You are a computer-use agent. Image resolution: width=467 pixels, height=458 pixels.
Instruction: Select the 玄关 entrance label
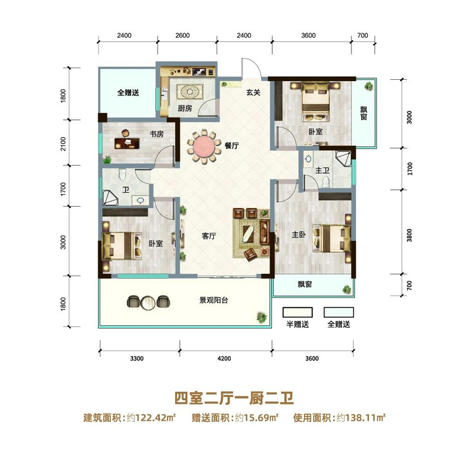click(x=252, y=91)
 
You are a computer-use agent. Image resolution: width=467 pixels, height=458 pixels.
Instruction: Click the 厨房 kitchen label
click(x=185, y=108)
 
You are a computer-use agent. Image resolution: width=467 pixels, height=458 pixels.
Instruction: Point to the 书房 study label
click(x=156, y=134)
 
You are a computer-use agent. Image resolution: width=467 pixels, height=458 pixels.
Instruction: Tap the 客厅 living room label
click(x=209, y=237)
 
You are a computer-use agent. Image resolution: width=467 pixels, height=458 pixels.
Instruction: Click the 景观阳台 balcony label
click(x=213, y=301)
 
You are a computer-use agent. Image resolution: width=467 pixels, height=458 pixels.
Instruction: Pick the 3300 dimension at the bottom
click(x=136, y=358)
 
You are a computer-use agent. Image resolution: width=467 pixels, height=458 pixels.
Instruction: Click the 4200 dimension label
click(x=224, y=358)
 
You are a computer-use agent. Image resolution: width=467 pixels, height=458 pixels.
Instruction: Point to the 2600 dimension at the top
click(x=183, y=36)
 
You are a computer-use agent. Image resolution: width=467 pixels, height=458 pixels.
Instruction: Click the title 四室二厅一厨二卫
click(x=233, y=399)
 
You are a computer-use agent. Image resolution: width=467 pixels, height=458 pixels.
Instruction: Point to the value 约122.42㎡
click(x=152, y=418)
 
